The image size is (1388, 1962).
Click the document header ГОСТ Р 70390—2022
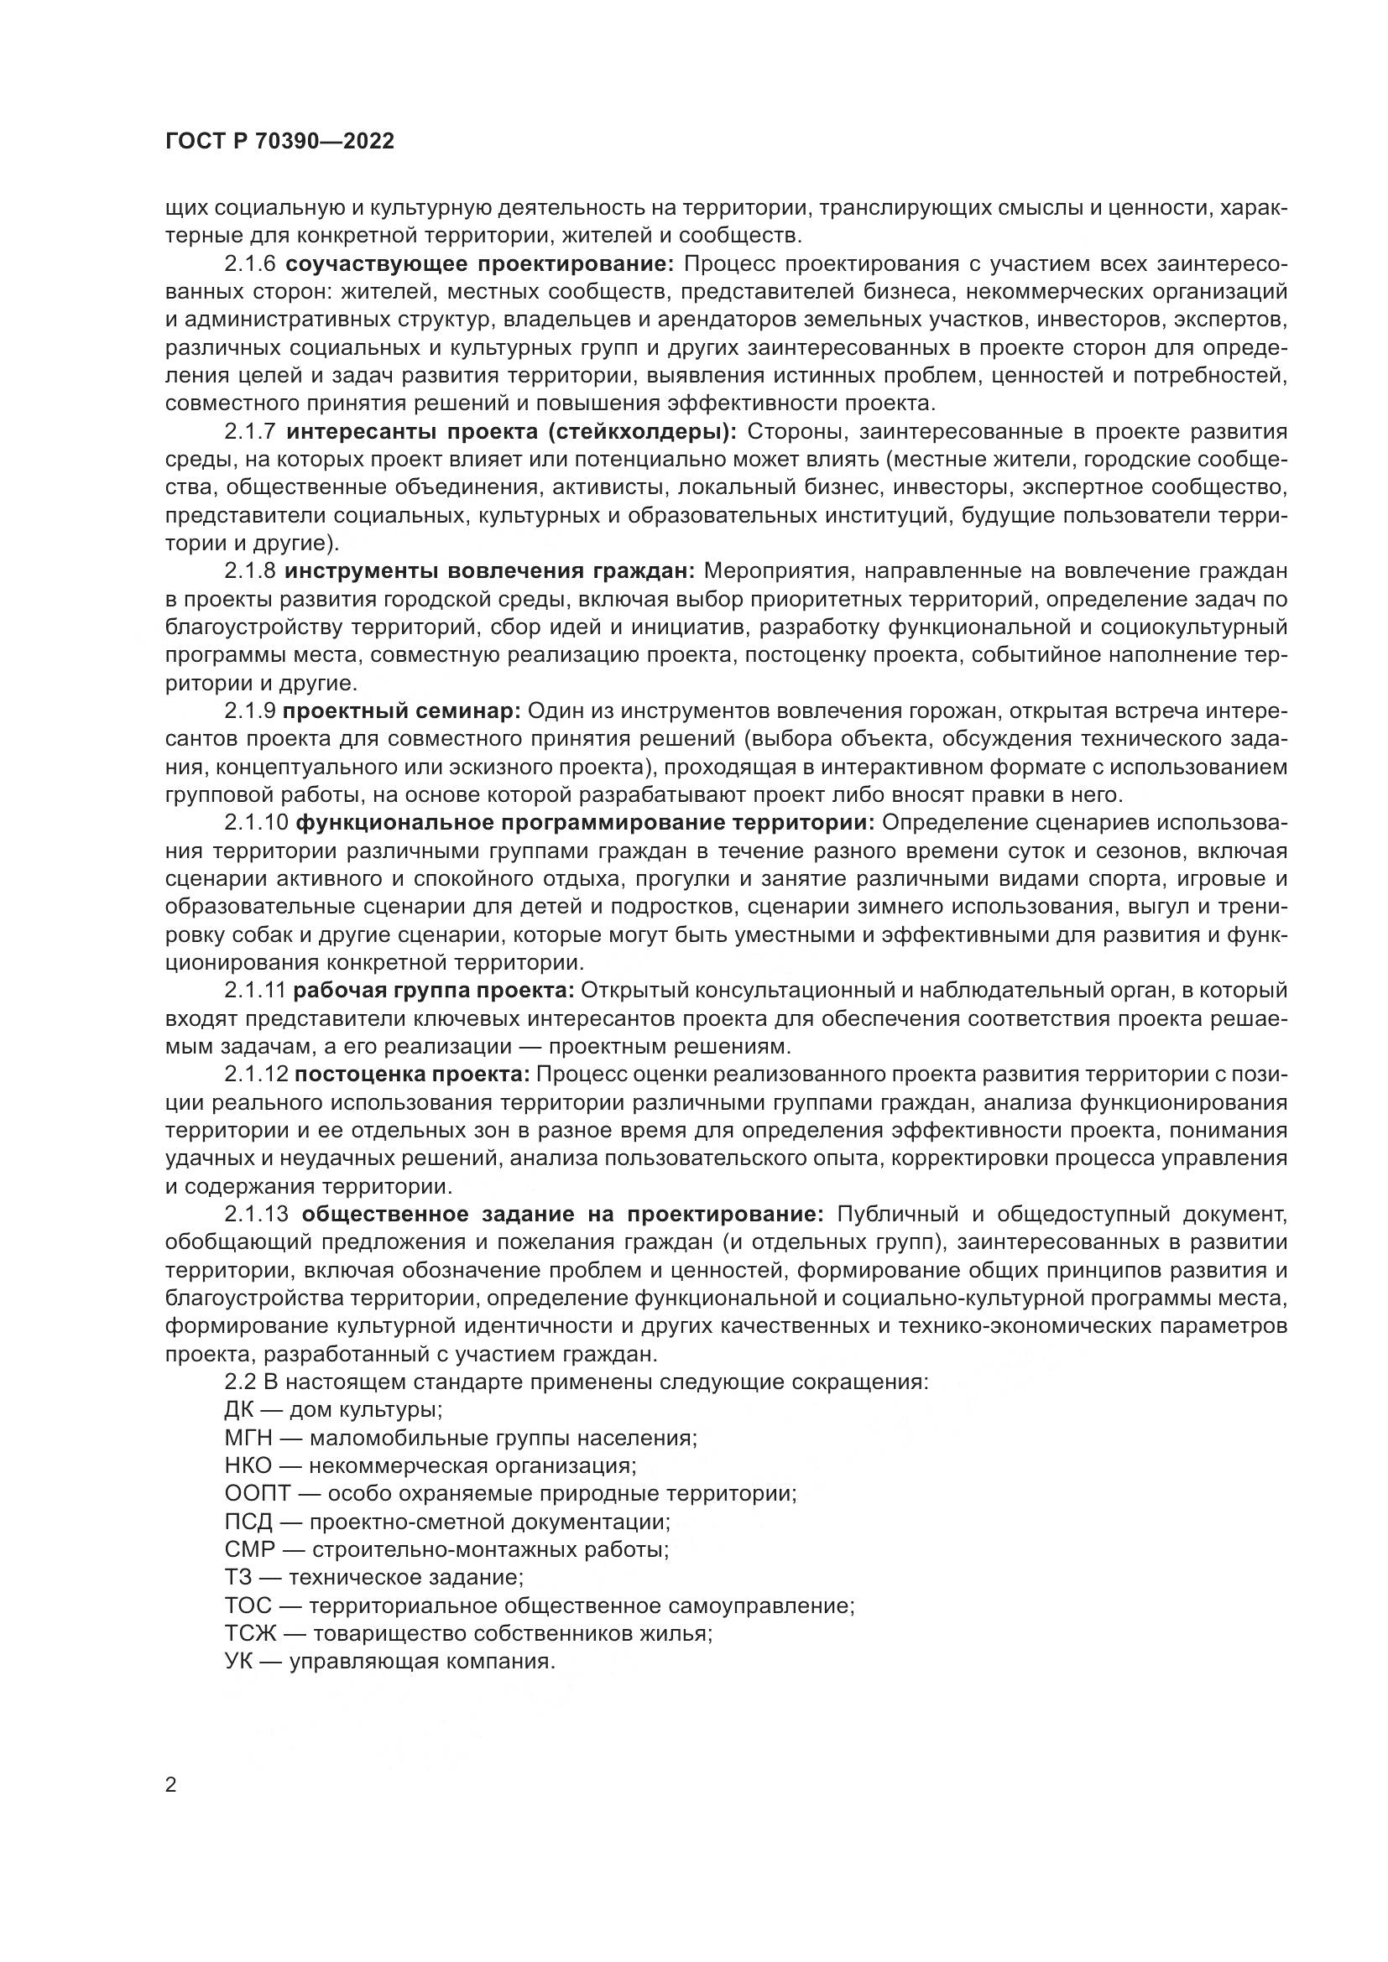[x=279, y=142]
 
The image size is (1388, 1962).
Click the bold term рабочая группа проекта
[x=434, y=991]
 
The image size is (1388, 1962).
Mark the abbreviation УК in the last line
[x=237, y=1661]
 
